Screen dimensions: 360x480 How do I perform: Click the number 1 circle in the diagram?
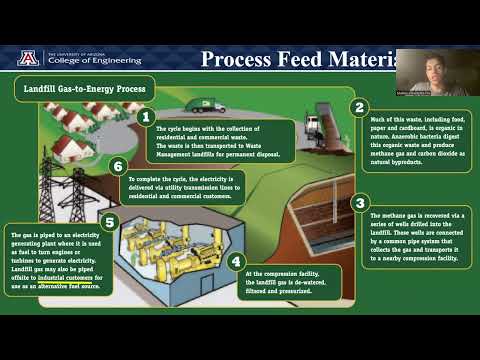[146, 118]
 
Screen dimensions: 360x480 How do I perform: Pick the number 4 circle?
[236, 262]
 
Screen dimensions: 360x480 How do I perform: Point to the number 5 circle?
[111, 222]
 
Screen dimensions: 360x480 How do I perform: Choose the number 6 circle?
[119, 165]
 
